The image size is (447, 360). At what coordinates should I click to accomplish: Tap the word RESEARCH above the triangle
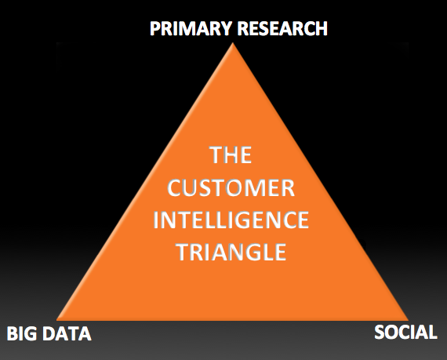click(x=282, y=28)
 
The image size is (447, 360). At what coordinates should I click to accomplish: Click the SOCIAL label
click(x=405, y=332)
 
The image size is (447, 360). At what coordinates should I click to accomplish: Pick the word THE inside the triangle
click(x=231, y=155)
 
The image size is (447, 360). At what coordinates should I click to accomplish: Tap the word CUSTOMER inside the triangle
click(x=231, y=188)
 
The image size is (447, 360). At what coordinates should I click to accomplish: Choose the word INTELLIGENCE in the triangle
click(x=231, y=220)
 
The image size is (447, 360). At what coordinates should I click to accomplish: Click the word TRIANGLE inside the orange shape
click(x=231, y=253)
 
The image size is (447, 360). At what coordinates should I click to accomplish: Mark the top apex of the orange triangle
click(x=233, y=43)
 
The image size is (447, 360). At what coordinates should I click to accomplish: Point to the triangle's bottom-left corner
click(x=57, y=320)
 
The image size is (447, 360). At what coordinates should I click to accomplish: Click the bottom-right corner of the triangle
click(x=409, y=320)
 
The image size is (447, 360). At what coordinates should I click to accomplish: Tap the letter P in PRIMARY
click(x=155, y=29)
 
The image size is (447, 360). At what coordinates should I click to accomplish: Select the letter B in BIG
click(x=13, y=334)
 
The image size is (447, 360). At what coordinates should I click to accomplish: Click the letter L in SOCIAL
click(x=432, y=333)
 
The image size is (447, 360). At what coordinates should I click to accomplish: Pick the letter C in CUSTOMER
click(x=174, y=188)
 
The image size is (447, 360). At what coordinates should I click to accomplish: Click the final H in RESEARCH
click(x=322, y=29)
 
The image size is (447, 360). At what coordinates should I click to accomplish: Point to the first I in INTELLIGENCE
click(x=156, y=220)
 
